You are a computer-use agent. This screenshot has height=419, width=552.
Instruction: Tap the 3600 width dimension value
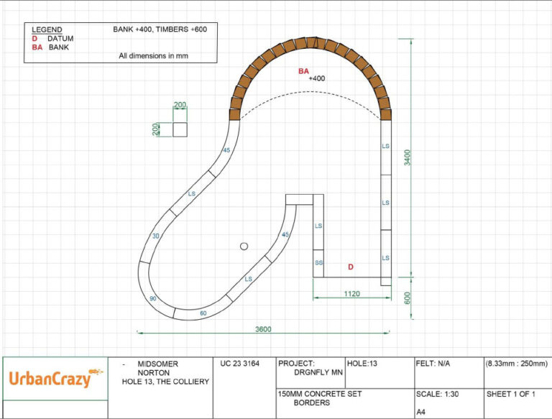click(x=263, y=329)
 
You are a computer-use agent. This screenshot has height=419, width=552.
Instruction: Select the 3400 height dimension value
click(x=407, y=157)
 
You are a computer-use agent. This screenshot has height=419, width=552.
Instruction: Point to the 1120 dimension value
click(x=351, y=294)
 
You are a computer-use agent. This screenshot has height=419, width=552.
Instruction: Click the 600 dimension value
click(x=407, y=298)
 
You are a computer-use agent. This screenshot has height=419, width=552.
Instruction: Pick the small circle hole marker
click(x=244, y=247)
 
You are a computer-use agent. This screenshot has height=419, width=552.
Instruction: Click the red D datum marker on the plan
click(x=351, y=267)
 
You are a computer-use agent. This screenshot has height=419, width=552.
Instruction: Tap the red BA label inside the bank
click(x=303, y=71)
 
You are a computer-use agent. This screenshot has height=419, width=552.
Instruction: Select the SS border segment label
click(x=318, y=262)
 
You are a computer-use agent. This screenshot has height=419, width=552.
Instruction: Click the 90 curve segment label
click(x=153, y=298)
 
